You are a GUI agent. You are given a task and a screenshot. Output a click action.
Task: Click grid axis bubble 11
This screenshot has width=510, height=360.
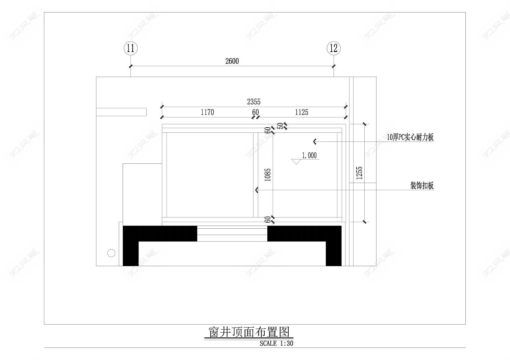pyautogui.click(x=131, y=48)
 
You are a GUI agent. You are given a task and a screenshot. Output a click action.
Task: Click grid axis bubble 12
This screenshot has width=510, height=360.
pyautogui.click(x=334, y=48)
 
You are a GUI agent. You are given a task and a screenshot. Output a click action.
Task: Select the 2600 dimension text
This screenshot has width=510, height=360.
pyautogui.click(x=232, y=61)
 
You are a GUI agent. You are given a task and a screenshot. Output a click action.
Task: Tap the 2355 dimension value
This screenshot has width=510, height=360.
pyautogui.click(x=253, y=102)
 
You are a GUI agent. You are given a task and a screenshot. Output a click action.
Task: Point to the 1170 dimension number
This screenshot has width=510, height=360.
pyautogui.click(x=207, y=112)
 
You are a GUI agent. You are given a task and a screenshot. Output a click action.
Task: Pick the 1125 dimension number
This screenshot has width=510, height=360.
pyautogui.click(x=301, y=112)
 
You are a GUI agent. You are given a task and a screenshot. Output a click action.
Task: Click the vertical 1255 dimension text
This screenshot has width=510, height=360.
pyautogui.click(x=359, y=173)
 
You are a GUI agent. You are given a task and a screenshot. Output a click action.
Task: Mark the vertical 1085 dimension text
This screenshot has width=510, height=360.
pyautogui.click(x=268, y=175)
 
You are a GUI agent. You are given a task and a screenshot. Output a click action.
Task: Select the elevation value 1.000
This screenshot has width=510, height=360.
pyautogui.click(x=309, y=155)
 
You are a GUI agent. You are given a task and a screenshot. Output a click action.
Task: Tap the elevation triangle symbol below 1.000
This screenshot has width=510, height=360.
pyautogui.click(x=296, y=161)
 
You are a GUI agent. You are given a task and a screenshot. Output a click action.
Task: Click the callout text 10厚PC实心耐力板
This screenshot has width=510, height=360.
pyautogui.click(x=410, y=137)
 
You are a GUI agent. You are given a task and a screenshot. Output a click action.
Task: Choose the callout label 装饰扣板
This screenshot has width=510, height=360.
pyautogui.click(x=422, y=186)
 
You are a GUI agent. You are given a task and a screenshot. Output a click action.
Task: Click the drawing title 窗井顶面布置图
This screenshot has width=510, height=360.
pyautogui.click(x=249, y=332)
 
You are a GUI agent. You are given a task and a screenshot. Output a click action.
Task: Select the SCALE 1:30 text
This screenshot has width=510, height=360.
pyautogui.click(x=276, y=343)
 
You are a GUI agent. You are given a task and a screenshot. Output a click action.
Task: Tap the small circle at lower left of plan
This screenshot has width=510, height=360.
pyautogui.click(x=111, y=253)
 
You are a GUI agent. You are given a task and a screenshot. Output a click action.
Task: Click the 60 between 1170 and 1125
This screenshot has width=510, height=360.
pyautogui.click(x=256, y=112)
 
